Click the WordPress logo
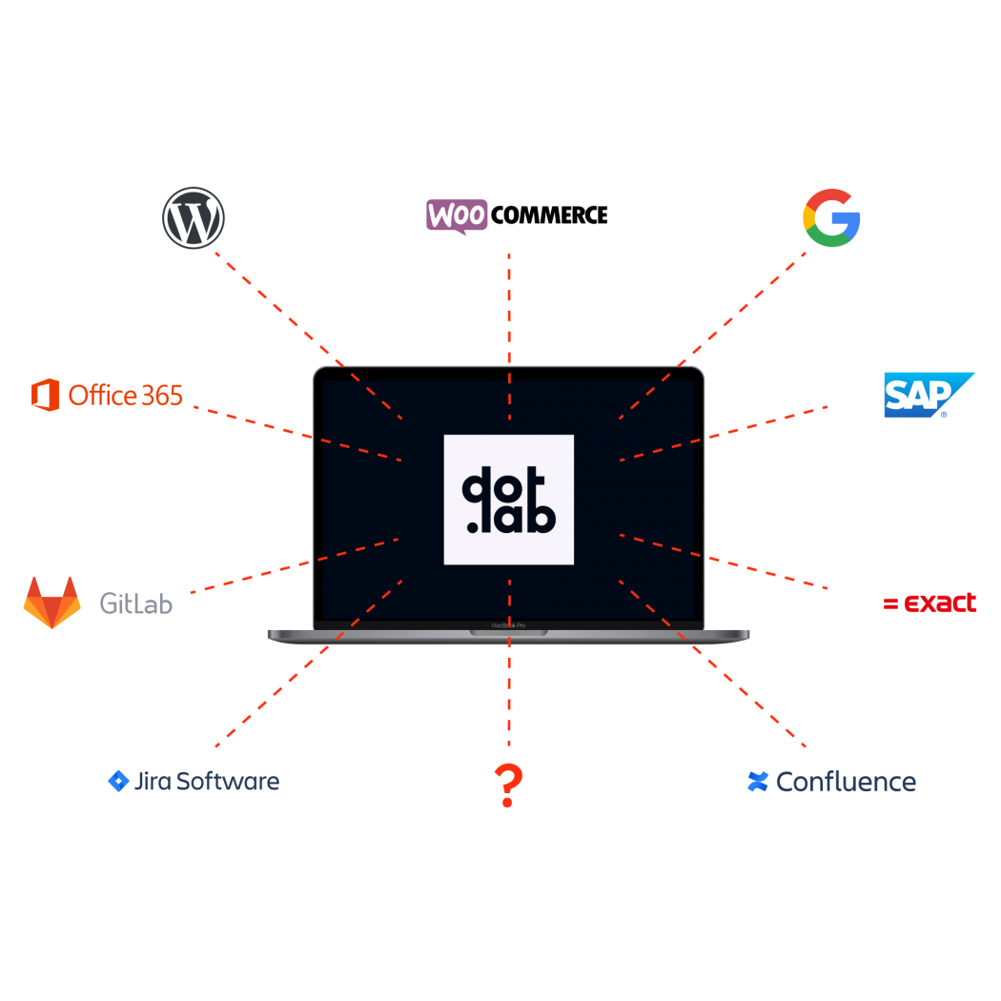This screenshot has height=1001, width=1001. click(194, 217)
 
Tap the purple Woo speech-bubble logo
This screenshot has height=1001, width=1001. click(457, 215)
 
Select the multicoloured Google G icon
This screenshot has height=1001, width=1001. click(831, 217)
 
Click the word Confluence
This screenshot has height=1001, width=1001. click(846, 783)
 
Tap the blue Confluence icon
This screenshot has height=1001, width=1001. click(758, 782)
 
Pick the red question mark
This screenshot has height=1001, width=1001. click(509, 786)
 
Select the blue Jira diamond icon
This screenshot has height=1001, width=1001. click(117, 782)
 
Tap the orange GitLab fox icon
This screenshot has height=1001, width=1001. click(52, 602)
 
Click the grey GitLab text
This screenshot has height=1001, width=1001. click(136, 603)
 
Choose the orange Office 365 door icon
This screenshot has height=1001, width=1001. click(46, 395)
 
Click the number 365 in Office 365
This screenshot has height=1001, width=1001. click(162, 395)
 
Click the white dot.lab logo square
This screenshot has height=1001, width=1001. click(509, 500)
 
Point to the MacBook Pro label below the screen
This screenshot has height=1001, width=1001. click(508, 626)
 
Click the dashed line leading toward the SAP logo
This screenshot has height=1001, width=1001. click(725, 434)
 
